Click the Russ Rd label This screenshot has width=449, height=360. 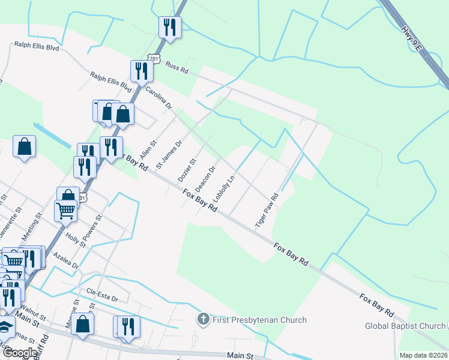point(177,67)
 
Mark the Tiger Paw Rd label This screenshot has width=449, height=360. point(267,209)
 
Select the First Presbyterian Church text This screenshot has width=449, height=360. point(259,320)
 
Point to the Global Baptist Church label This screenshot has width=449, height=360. point(406,326)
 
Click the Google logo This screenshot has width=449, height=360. point(20,353)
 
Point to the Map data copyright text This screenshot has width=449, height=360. point(423,355)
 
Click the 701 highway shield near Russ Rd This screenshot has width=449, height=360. point(155,59)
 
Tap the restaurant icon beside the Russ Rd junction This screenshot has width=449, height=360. point(142,71)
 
